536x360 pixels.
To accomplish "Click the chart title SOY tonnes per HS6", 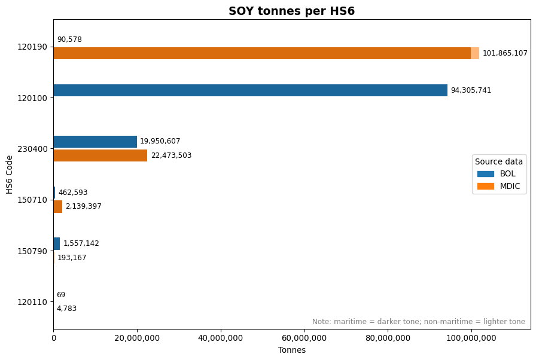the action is point(291,11).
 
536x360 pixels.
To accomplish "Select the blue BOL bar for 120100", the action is point(251,90).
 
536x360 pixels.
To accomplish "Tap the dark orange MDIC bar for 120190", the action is point(262,53).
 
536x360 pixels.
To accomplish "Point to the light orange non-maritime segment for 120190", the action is point(475,53).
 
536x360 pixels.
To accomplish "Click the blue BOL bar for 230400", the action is point(95,142).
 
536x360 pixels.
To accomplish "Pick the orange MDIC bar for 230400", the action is point(100,155).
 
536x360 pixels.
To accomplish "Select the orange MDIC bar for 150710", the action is point(58,207).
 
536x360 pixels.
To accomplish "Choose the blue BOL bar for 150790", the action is point(57,243).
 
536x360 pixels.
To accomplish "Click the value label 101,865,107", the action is point(505,53).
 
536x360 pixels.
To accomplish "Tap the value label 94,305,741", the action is point(471,90).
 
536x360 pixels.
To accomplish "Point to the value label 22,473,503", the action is point(171,155).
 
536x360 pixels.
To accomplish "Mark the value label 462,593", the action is point(73,193).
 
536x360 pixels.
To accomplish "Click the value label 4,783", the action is point(66,309).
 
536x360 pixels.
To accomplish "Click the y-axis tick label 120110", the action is point(32,302).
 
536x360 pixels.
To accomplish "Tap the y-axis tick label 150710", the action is point(32,200).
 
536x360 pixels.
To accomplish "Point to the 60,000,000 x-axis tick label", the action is point(304,338).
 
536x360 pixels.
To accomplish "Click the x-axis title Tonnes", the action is point(292,350).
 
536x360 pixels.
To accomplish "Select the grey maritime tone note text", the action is point(419,321).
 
